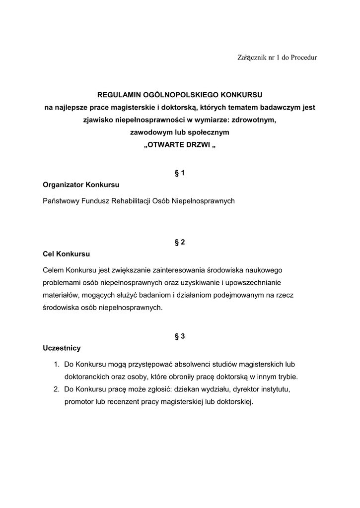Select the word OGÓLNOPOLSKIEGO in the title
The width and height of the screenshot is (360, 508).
177,94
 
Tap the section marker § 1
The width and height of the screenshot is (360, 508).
179,173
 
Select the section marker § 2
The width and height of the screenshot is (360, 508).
179,242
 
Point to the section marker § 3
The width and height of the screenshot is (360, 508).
179,336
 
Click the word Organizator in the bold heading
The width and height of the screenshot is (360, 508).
63,185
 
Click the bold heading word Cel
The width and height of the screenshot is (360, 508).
49,254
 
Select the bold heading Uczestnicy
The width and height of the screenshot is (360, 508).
62,348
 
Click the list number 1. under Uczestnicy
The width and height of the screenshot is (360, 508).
57,365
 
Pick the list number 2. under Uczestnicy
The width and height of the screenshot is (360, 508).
57,389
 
